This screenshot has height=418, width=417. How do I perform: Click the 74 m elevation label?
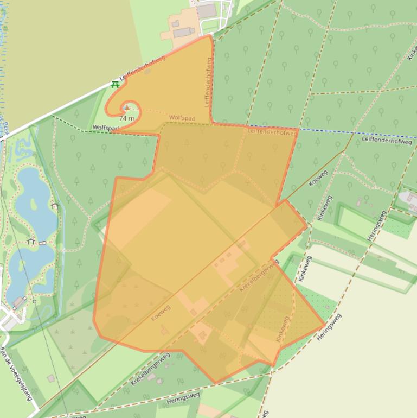coord(126,118)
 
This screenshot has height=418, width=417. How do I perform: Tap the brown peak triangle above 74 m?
coord(127,108)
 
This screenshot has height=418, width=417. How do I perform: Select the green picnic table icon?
coord(115,85)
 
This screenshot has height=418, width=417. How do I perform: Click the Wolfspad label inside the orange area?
coord(182,118)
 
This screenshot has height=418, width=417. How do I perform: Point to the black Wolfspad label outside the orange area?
coord(105,129)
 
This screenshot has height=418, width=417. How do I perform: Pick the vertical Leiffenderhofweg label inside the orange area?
coord(208,81)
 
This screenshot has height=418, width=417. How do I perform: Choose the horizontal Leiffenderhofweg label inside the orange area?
coord(272,131)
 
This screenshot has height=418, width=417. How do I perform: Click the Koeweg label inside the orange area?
coord(161,312)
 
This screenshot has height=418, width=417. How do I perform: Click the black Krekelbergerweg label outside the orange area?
coord(150,369)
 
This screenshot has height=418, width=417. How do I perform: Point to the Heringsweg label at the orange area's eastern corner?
coord(329,326)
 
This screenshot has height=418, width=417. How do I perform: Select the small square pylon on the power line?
coord(34,301)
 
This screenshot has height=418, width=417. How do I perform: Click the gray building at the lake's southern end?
coord(18,302)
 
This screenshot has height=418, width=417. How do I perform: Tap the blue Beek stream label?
coord(6,127)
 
